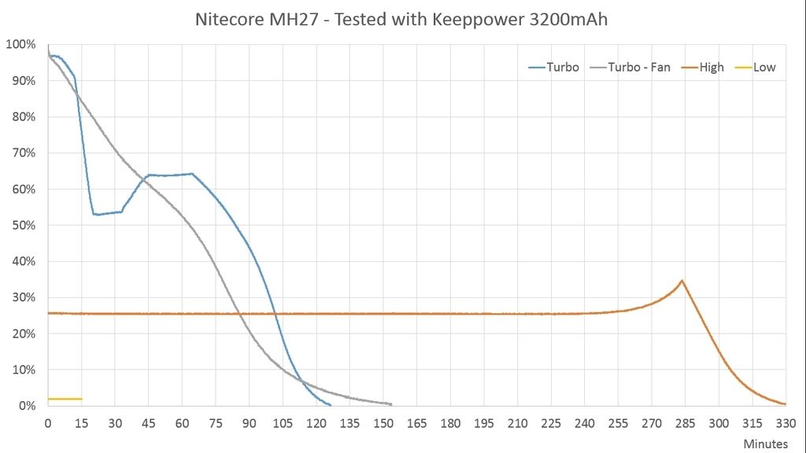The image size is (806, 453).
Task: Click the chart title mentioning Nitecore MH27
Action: click(401, 19)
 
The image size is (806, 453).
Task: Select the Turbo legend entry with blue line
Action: click(554, 67)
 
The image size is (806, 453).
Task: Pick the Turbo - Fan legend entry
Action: click(629, 67)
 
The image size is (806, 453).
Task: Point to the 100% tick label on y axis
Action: click(20, 44)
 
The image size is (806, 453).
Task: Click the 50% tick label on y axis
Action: click(23, 225)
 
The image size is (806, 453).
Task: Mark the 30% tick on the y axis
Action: click(23, 297)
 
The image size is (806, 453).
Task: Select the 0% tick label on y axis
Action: click(26, 406)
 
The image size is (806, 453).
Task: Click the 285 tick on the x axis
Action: click(685, 423)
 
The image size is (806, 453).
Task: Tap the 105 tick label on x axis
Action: click(283, 423)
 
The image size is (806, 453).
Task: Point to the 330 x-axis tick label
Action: click(786, 423)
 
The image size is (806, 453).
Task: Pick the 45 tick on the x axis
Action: click(149, 423)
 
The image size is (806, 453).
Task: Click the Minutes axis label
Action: click(766, 444)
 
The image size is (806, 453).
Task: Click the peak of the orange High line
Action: click(682, 281)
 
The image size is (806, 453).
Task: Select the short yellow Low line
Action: click(65, 399)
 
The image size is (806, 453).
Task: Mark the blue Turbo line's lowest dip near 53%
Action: click(95, 214)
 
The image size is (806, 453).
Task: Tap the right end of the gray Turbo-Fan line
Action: click(391, 404)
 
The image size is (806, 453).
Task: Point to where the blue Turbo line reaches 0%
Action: click(330, 405)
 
